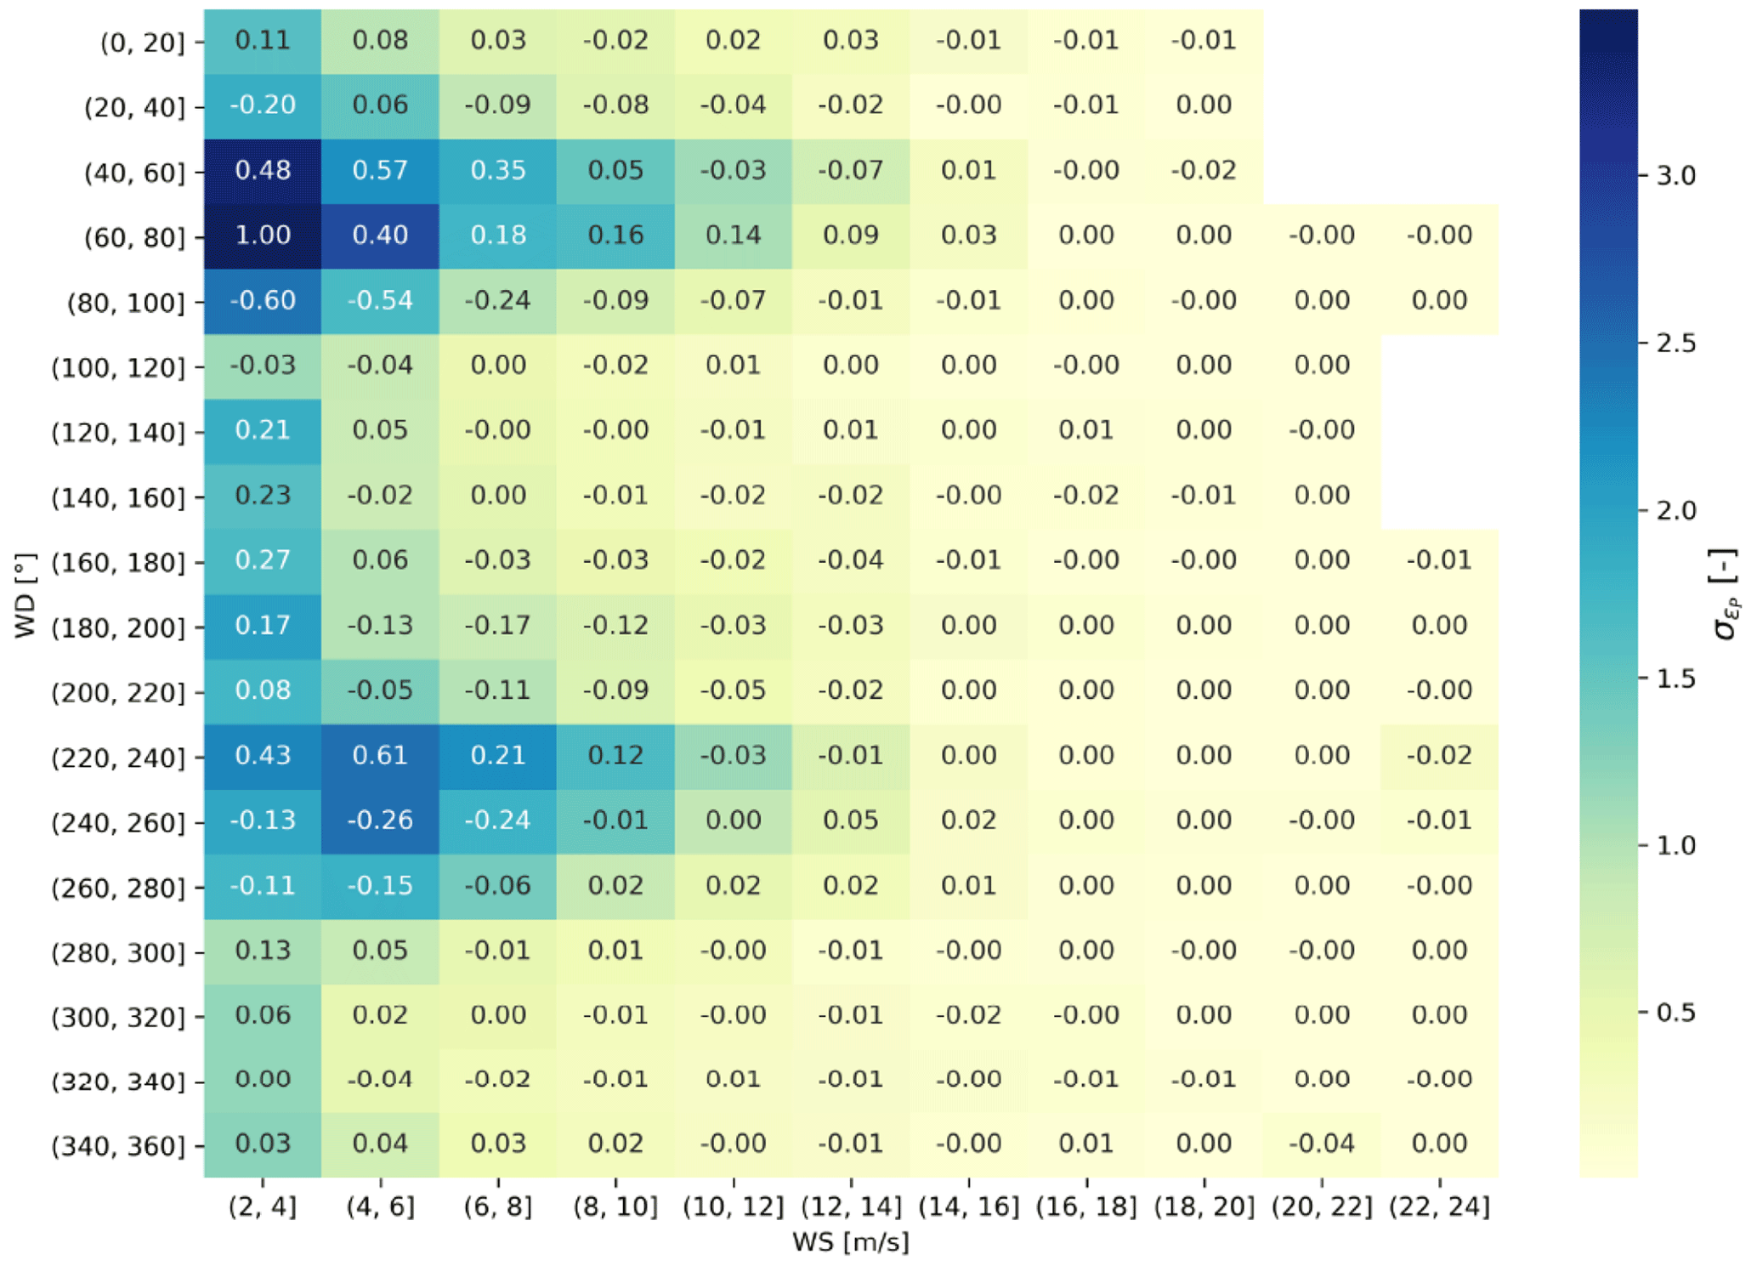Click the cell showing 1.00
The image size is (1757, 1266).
[x=263, y=236]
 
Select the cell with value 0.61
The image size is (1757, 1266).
[x=380, y=756]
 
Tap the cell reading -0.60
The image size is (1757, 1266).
[x=263, y=301]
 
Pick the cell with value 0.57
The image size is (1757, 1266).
[x=380, y=170]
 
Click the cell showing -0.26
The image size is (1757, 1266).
[x=380, y=820]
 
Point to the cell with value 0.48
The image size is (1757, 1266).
[x=263, y=170]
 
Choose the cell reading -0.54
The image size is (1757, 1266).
[x=380, y=301]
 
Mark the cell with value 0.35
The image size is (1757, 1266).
[x=498, y=170]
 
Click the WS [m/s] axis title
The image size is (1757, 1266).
[x=850, y=1242]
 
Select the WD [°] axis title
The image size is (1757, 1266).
[x=26, y=595]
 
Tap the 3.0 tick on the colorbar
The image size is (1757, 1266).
[x=1675, y=176]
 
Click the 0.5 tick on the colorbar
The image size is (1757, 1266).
[x=1675, y=1013]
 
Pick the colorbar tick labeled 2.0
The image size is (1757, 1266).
[x=1675, y=511]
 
